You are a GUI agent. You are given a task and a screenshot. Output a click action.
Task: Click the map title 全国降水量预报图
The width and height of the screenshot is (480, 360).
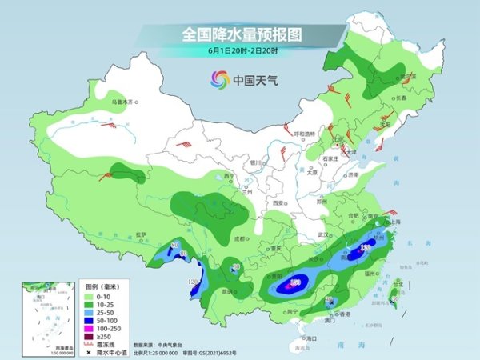(x=239, y=35)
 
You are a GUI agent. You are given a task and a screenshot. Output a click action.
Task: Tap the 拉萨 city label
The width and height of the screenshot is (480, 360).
(x=142, y=234)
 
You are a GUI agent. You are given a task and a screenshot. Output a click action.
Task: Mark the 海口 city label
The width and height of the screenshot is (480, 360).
(x=310, y=339)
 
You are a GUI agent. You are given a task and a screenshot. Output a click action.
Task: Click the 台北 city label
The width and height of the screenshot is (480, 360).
(x=397, y=284)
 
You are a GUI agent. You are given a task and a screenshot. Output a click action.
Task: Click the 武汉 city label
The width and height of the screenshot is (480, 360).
(x=323, y=234)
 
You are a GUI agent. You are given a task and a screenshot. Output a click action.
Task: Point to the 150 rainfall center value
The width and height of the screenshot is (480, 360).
(x=295, y=282)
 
